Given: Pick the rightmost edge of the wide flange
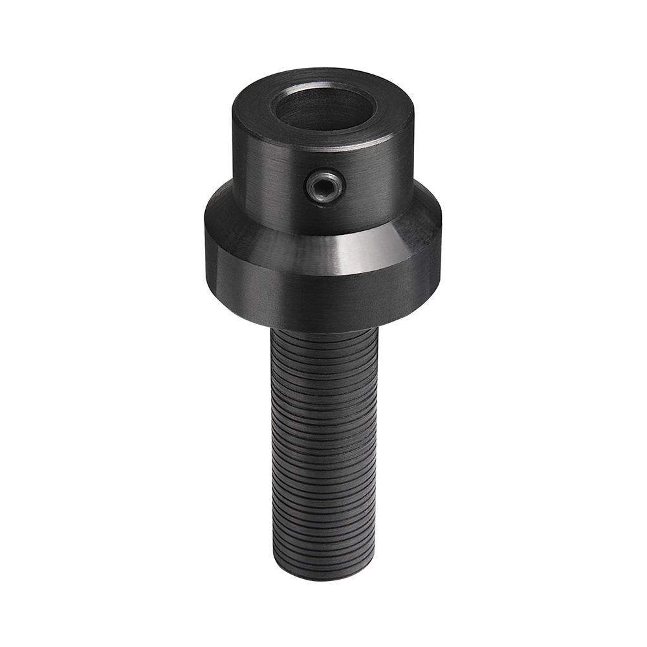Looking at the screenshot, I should point(441,252).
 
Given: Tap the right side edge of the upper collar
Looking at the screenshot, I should point(413,162).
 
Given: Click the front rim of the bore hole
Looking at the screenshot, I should point(323,129).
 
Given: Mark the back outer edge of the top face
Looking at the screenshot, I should point(323,69).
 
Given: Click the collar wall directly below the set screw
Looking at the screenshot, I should point(325,217).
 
